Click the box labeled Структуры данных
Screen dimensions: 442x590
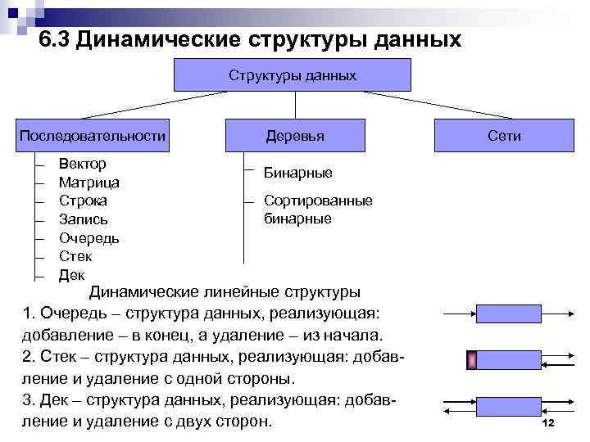pos(293,76)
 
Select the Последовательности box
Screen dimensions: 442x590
pos(93,135)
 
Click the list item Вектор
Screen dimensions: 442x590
pos(82,164)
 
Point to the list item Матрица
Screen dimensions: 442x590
pos(89,183)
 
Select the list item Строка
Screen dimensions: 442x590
pos(83,201)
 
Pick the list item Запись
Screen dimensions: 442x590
pos(84,219)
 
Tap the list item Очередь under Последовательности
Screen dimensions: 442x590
pos(89,238)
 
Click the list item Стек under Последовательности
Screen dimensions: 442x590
pos(76,257)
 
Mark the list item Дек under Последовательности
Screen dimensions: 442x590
pos(72,275)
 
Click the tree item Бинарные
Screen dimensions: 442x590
pos(297,174)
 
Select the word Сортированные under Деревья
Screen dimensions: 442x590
pos(318,201)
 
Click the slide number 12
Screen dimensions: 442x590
pos(549,422)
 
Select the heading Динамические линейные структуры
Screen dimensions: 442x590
pos(224,292)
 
